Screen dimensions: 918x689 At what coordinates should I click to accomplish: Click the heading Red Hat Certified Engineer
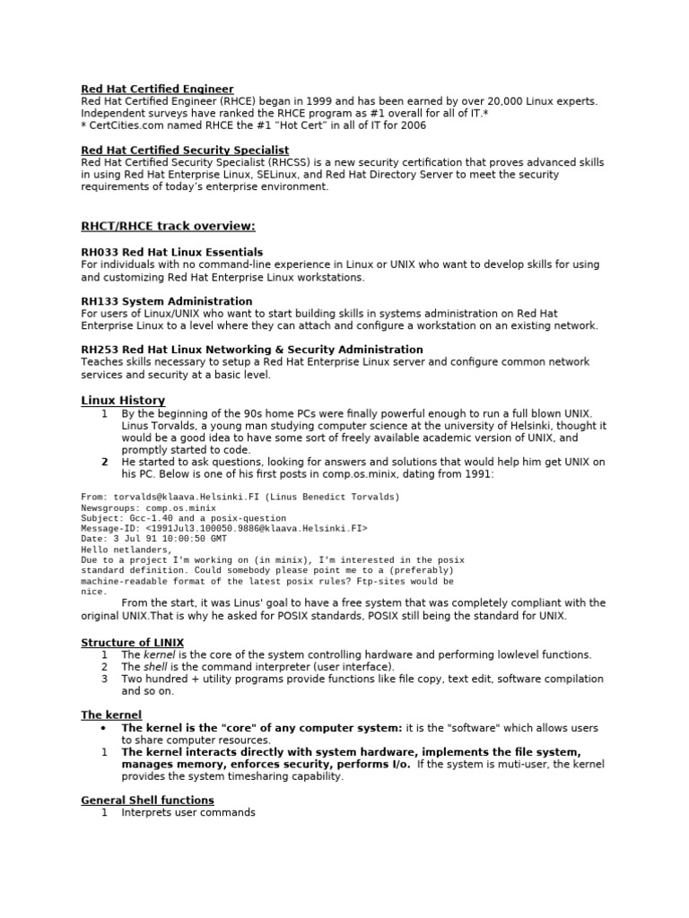157,89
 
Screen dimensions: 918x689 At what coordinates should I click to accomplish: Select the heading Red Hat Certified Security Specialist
185,150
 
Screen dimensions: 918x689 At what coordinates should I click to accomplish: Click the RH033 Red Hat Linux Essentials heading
172,252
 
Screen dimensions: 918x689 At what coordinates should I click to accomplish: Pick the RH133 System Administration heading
167,300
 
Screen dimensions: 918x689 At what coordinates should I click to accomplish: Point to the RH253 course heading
252,349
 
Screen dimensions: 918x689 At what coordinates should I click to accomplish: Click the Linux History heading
123,400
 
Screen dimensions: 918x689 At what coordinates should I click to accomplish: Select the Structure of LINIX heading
133,642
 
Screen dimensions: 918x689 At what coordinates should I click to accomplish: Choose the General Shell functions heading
147,799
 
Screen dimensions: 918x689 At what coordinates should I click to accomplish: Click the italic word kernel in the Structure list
161,654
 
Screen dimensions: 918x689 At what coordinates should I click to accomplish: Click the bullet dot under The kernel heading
104,728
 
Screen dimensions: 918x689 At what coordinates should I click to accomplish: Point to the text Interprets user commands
188,812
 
